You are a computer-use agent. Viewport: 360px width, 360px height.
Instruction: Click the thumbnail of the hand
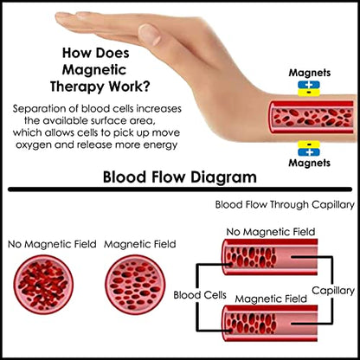pos(151,34)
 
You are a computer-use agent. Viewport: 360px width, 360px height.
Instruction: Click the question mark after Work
pos(146,86)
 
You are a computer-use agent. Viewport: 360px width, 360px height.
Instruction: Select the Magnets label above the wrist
pos(310,73)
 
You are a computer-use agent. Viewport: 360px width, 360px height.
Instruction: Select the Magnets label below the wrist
pos(310,163)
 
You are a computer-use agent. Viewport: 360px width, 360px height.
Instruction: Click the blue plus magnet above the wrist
pos(309,85)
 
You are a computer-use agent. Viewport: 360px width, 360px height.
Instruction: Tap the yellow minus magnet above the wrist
pos(309,93)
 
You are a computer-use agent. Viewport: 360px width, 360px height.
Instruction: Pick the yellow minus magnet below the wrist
pos(309,145)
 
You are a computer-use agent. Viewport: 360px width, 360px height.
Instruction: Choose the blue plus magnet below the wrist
pos(309,151)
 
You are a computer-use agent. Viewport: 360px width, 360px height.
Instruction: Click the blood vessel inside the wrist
pos(311,117)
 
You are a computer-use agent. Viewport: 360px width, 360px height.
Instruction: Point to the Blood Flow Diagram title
pos(180,177)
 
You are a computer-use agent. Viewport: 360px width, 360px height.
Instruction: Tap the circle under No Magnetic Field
pos(43,285)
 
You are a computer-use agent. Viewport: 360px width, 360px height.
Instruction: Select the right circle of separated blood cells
pos(135,285)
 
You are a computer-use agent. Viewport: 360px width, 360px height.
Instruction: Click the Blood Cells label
pos(200,295)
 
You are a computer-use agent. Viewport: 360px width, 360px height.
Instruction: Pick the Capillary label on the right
pos(333,291)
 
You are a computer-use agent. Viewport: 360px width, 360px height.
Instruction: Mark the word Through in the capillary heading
pos(289,205)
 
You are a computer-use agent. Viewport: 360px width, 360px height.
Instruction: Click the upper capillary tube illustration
pos(270,256)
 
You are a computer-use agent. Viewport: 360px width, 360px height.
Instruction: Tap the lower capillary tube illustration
pos(270,323)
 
